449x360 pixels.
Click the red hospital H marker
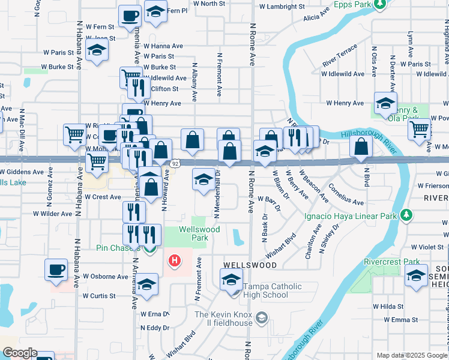coord(174,261)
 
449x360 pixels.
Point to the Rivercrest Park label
coord(392,262)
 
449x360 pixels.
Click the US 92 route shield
coord(175,163)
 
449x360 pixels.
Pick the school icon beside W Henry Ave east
coord(385,103)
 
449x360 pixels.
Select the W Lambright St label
coord(282,7)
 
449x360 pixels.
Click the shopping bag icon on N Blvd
coord(360,147)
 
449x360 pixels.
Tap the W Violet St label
coord(427,247)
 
